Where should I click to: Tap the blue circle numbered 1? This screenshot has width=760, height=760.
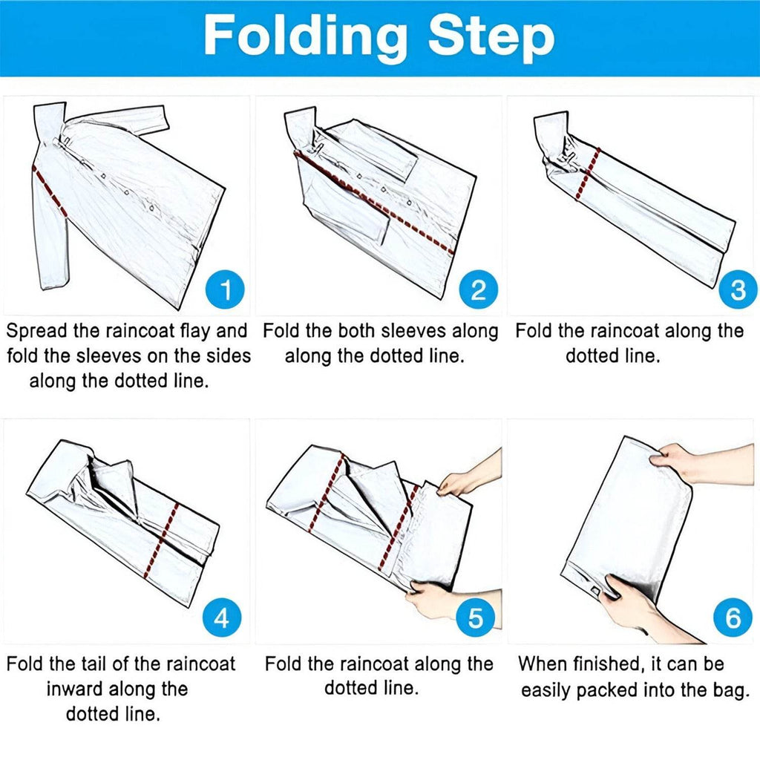tap(225, 289)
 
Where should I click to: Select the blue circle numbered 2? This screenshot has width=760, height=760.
tap(479, 289)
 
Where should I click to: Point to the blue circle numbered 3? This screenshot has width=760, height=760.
tap(738, 289)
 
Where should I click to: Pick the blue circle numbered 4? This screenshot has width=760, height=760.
tap(221, 618)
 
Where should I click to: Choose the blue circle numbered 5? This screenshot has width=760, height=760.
tap(475, 618)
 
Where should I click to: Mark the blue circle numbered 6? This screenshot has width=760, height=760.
tap(733, 618)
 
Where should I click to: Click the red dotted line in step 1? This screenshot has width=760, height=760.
tap(49, 191)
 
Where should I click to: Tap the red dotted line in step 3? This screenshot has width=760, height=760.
tap(588, 174)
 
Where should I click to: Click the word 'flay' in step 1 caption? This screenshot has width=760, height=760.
tap(195, 331)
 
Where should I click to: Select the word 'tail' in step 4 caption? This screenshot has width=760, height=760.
tap(94, 664)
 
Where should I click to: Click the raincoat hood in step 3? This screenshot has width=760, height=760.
tap(551, 133)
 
